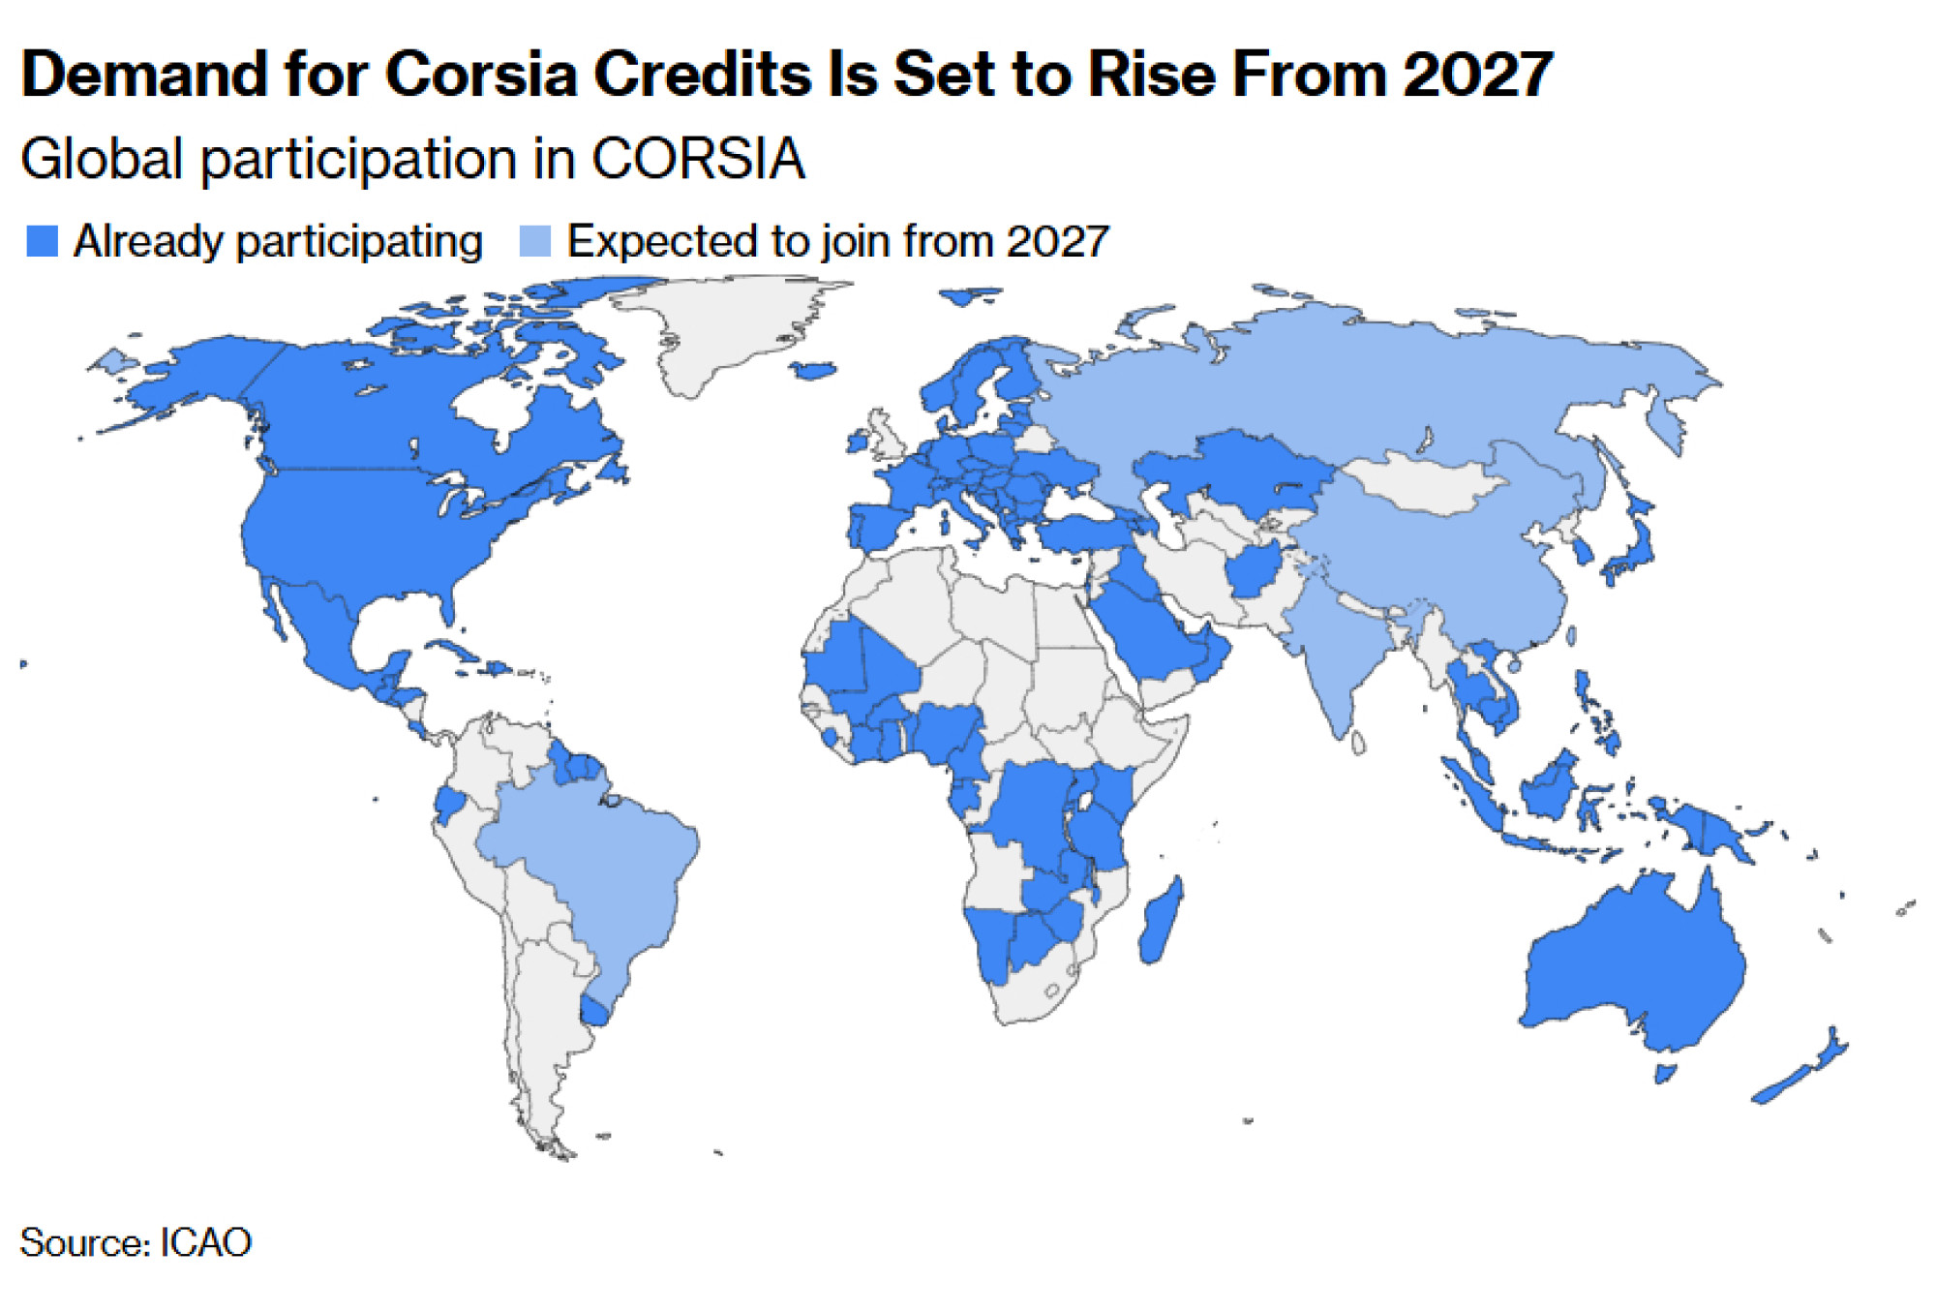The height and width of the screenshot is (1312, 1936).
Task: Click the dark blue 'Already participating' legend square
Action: (x=43, y=241)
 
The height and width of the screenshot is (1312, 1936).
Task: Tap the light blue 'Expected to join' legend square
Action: (x=534, y=241)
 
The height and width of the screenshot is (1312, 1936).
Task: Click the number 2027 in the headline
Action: (x=1477, y=75)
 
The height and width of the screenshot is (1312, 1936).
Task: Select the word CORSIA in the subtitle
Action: (x=698, y=159)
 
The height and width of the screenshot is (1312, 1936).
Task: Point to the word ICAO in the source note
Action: (x=205, y=1242)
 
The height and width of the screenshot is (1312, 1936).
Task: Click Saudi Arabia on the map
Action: (x=1147, y=629)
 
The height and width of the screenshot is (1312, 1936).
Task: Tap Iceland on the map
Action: (x=813, y=370)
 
